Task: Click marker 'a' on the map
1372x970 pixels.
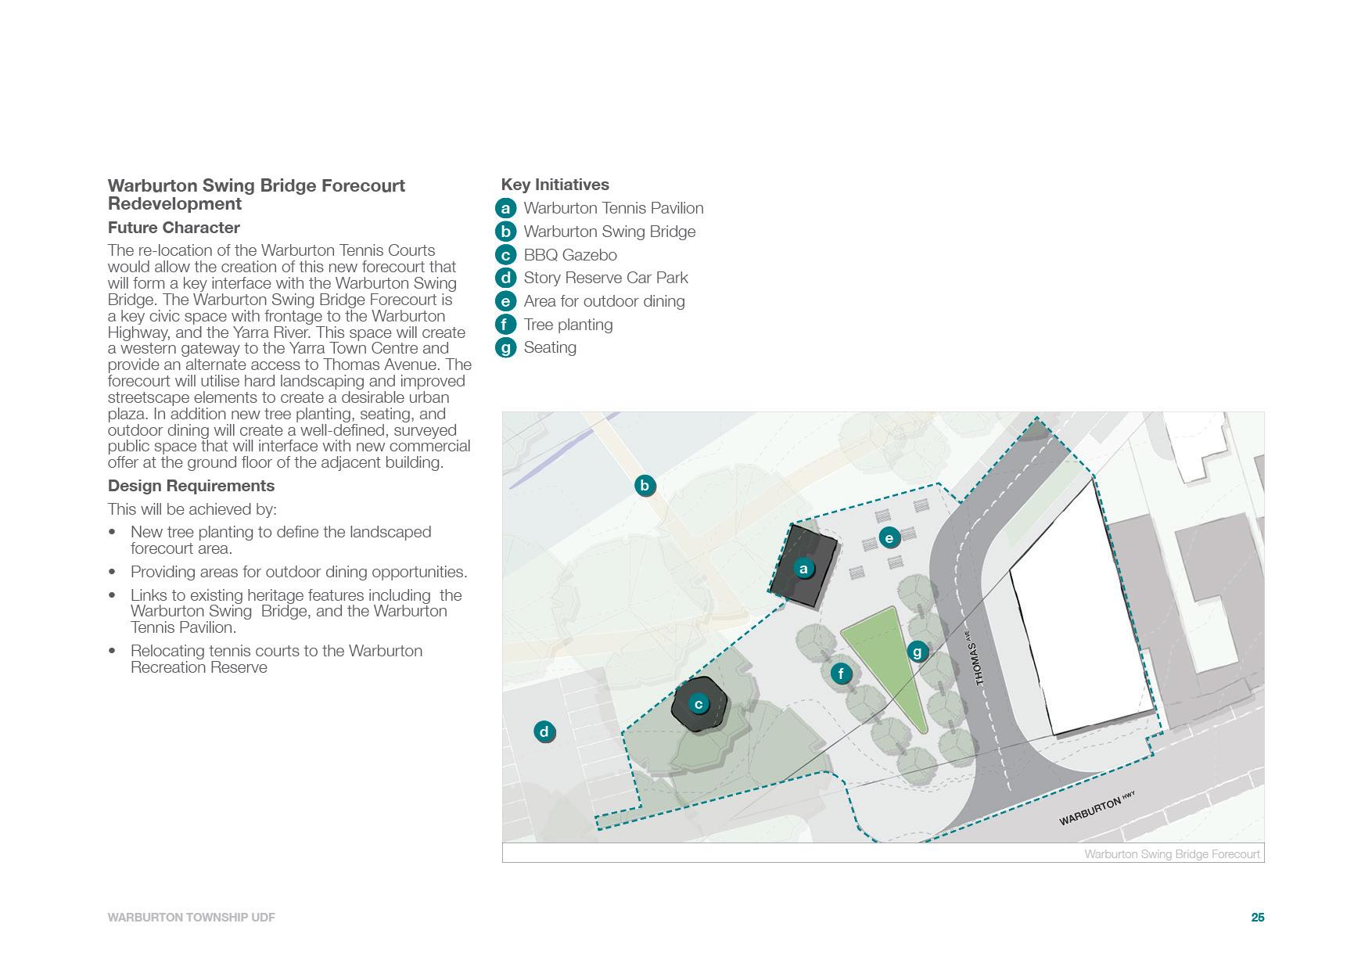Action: [803, 569]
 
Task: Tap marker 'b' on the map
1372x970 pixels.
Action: [645, 486]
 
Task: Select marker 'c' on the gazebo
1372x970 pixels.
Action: [699, 704]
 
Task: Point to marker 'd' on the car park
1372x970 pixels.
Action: [544, 732]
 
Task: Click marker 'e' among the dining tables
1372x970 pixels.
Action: [889, 537]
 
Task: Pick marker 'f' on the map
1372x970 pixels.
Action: [841, 674]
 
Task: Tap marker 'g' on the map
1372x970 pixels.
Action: [918, 651]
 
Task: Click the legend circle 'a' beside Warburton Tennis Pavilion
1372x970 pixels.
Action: [506, 208]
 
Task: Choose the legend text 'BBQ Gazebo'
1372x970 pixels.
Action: [570, 255]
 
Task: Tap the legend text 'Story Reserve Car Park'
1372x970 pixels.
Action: [605, 278]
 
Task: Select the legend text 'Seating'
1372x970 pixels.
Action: [550, 347]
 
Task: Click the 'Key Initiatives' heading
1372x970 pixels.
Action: [555, 185]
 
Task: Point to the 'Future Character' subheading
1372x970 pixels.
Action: [174, 228]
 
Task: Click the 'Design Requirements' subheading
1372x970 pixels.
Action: [191, 486]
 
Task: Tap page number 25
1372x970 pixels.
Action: [1257, 918]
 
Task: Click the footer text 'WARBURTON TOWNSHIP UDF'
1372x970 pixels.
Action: [192, 918]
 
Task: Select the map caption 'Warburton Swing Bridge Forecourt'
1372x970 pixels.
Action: [1172, 854]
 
